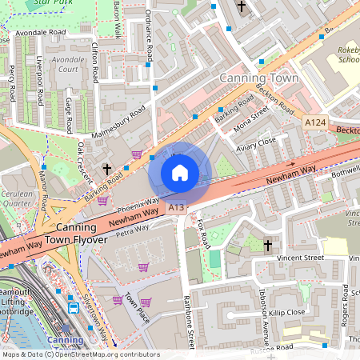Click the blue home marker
pos(180,173)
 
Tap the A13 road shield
pos(177,208)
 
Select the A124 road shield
pos(314,122)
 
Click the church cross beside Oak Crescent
pos(107,169)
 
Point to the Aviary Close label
pos(256,141)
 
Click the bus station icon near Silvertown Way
pos(74,307)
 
